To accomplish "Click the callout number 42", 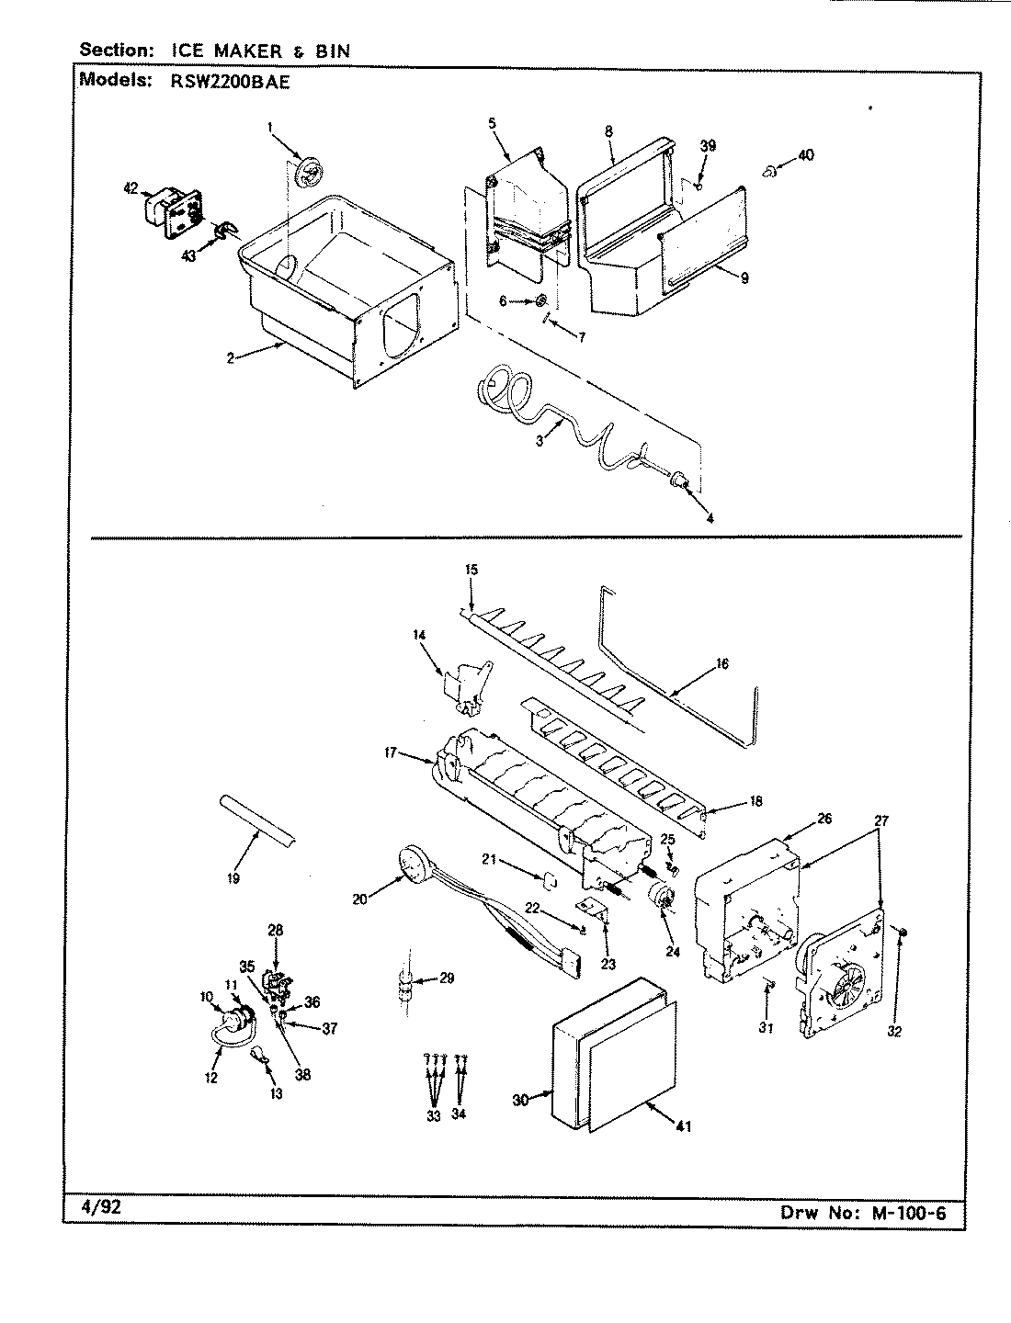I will (130, 188).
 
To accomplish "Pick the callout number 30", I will (520, 1101).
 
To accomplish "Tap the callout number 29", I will (447, 978).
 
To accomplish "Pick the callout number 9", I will (744, 278).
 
